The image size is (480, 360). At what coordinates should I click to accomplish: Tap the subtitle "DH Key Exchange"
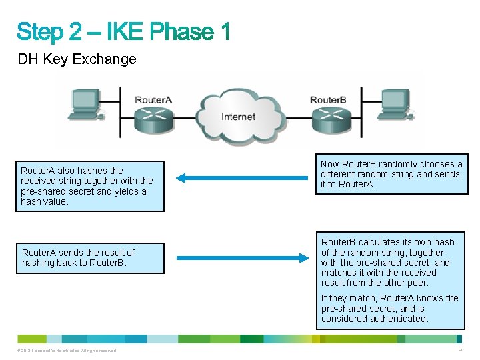coord(77,59)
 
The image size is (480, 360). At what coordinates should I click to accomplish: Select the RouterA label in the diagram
coord(153,100)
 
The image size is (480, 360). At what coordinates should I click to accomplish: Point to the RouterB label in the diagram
coord(327,100)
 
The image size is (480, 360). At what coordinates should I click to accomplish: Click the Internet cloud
coord(238,117)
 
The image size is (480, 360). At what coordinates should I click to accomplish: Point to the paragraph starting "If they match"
coord(390,309)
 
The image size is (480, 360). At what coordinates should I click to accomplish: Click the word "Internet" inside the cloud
coord(238,117)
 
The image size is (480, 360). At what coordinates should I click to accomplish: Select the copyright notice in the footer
coord(67,351)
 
